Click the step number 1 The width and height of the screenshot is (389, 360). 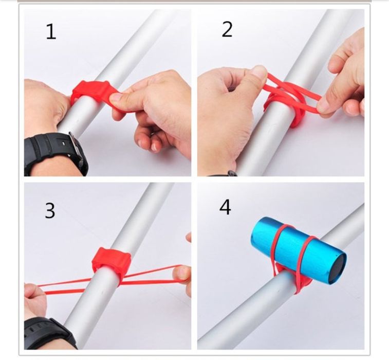(x=51, y=31)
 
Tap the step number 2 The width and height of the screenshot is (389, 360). (x=227, y=29)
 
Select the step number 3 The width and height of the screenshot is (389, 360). (x=50, y=210)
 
